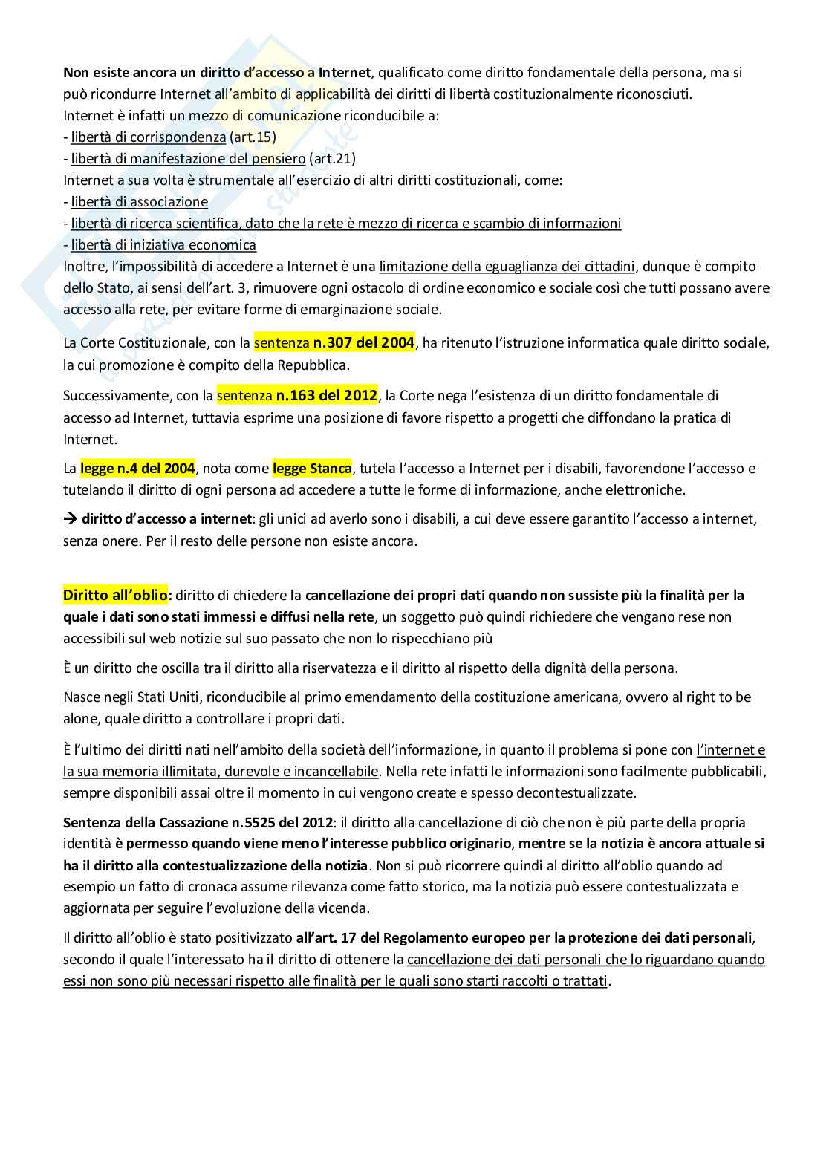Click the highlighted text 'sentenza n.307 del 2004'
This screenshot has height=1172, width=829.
coord(334,343)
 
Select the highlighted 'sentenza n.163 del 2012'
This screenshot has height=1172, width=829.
coord(296,396)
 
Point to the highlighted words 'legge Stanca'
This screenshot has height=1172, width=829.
coord(312,469)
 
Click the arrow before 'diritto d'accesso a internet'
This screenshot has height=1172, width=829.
coord(71,519)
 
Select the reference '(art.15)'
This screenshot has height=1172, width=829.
coord(253,137)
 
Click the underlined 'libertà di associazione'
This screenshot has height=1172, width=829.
coord(140,202)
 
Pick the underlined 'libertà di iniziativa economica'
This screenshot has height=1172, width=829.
coord(163,245)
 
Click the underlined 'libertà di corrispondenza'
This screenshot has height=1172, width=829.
coord(149,137)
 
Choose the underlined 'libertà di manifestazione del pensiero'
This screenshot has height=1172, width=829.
coord(189,159)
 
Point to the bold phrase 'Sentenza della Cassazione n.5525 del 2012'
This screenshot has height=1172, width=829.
coord(197,823)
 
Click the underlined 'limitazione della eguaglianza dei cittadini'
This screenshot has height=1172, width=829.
coord(507,267)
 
